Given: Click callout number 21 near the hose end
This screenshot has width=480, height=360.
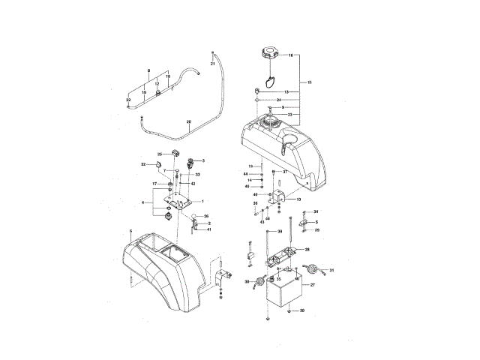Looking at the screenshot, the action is (212, 64).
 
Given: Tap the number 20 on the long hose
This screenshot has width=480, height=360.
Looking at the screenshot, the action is (189, 122).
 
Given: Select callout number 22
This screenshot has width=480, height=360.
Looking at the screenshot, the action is (128, 100).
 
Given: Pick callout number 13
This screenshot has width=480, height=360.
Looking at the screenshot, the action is (286, 91).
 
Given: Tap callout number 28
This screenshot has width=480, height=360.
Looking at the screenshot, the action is (307, 249).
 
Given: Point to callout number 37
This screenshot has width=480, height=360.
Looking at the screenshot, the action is (285, 172).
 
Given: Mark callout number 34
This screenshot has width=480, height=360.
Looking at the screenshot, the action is (316, 212).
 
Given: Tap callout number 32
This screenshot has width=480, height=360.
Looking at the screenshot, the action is (143, 164).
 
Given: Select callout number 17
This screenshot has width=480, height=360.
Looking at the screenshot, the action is (155, 184).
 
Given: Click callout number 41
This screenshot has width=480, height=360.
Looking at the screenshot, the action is (209, 230).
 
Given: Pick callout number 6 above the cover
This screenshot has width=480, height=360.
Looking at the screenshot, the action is (130, 232).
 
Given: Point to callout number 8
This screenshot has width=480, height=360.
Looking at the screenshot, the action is (148, 70).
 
